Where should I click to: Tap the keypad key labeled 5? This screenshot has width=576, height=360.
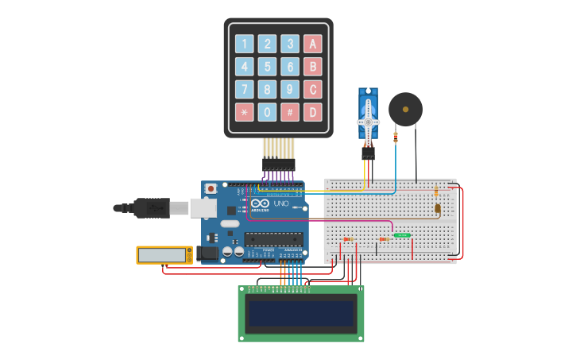tap(268, 67)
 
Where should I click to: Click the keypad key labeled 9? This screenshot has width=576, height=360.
tap(291, 89)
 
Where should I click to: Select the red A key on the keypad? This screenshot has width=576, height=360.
tap(313, 45)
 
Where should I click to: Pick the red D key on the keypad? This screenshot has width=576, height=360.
tap(313, 112)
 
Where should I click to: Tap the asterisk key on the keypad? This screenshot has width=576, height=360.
tap(245, 112)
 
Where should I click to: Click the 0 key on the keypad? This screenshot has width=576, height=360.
tap(268, 112)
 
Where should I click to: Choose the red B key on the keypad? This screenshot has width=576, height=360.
tap(313, 67)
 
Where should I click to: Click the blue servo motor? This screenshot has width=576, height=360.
tap(368, 119)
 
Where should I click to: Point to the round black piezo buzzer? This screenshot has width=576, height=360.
tap(405, 109)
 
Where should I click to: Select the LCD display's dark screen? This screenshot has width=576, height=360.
tap(301, 314)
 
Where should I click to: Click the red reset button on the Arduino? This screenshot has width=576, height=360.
tap(211, 189)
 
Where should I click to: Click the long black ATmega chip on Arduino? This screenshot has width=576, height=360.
tap(273, 238)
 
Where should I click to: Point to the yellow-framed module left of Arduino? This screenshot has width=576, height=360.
tap(164, 254)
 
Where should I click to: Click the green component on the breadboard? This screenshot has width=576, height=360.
tap(402, 235)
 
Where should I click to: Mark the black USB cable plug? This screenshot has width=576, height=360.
tap(151, 208)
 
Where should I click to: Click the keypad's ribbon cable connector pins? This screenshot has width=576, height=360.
tap(279, 164)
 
